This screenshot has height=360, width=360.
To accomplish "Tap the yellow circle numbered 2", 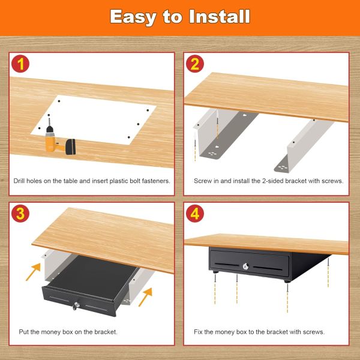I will tap(194, 64).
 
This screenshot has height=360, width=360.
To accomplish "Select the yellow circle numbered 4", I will tap(194, 214).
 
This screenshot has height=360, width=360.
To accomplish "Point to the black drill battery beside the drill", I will tap(73, 146).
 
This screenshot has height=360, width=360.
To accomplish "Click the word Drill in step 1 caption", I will tap(20, 181).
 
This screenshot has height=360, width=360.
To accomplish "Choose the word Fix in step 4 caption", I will tap(198, 332).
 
